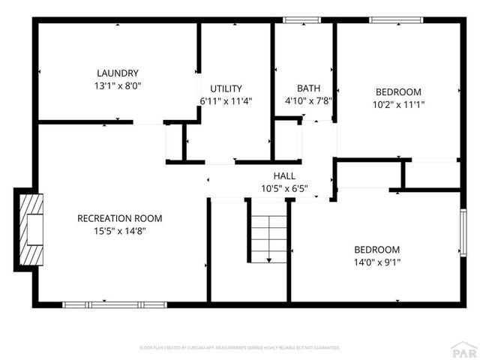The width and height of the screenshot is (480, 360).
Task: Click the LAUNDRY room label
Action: [x=118, y=73]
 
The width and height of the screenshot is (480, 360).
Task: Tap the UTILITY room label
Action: [x=226, y=88]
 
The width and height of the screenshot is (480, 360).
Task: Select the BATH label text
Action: [x=308, y=88]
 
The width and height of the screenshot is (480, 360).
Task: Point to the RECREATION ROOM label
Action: [x=120, y=218]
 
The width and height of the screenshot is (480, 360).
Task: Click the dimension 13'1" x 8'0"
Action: [x=118, y=85]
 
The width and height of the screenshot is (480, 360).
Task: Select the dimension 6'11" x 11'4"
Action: [x=226, y=100]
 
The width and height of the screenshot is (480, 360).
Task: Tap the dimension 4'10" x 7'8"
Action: [x=308, y=100]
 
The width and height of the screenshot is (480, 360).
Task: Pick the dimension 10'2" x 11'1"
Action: [x=398, y=105]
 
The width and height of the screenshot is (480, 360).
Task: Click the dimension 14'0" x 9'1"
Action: [x=376, y=262]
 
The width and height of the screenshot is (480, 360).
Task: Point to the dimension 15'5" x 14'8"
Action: [x=120, y=231]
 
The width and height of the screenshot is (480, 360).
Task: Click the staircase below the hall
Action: [x=268, y=238]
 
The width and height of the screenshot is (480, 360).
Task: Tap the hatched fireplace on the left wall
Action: [x=31, y=230]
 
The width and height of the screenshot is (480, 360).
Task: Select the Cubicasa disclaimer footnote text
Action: [x=240, y=348]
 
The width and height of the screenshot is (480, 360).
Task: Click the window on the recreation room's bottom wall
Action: [x=115, y=304]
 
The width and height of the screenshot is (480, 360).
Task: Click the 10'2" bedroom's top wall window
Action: [x=391, y=20]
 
